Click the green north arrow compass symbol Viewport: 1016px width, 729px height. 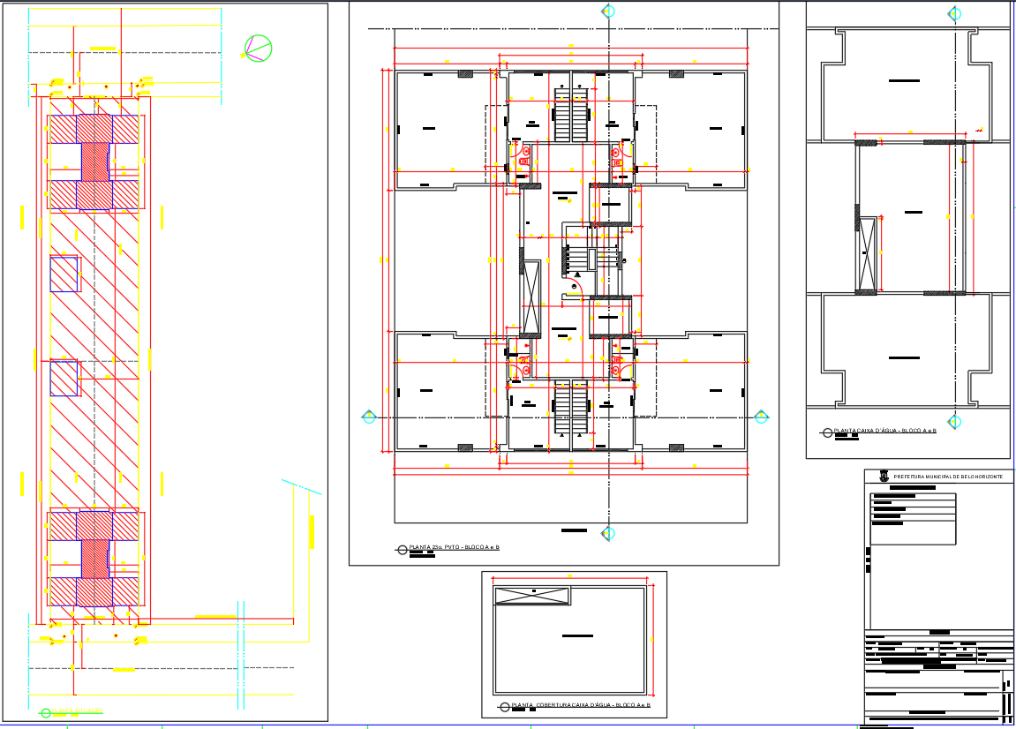click(258, 49)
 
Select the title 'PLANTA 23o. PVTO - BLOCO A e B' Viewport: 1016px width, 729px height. click(454, 548)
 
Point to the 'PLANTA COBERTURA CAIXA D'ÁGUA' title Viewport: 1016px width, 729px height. click(581, 706)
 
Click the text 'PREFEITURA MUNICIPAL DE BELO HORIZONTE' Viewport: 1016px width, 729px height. click(948, 477)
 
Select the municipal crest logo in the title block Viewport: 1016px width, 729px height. click(884, 477)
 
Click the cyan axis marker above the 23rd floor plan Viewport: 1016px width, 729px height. click(607, 11)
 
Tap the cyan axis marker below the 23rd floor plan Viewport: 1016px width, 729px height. click(607, 533)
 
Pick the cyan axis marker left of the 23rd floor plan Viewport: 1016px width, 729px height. click(369, 417)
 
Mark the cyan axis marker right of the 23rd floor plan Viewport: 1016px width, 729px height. click(761, 417)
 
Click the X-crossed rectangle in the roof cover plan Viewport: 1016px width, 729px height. click(532, 596)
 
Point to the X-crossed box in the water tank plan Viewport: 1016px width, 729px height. click(869, 253)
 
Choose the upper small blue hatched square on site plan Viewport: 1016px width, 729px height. click(64, 274)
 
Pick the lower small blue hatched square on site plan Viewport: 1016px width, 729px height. click(64, 378)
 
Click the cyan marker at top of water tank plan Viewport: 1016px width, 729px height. click(954, 13)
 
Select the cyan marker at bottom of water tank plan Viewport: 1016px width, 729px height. click(954, 422)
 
